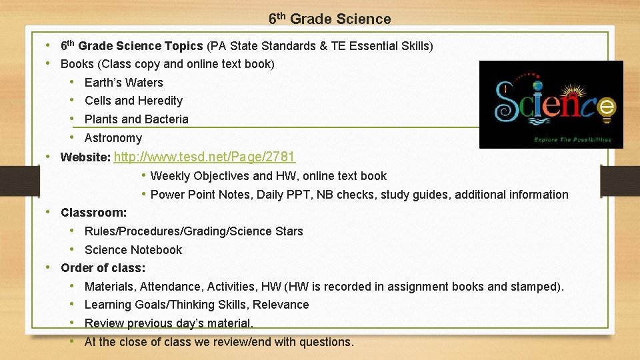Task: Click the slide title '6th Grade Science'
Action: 329,19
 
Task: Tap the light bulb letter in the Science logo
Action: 607,107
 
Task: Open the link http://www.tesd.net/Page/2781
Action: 205,157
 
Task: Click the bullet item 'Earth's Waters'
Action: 123,83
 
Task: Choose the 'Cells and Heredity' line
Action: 133,101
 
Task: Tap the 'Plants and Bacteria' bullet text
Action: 136,119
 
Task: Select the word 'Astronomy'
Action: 113,138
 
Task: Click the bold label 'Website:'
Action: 85,158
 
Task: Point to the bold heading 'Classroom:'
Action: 93,213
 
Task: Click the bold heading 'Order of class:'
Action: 103,268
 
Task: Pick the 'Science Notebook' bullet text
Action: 133,250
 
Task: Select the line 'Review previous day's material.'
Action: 169,323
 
